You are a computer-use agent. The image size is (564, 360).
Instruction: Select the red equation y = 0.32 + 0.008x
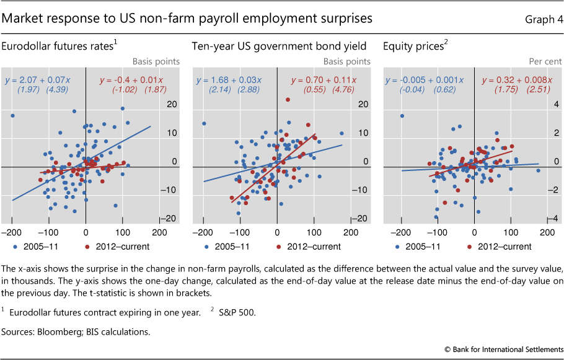517,80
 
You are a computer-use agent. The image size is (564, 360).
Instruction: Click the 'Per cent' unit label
545,61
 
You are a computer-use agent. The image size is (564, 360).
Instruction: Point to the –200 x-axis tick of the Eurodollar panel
12,233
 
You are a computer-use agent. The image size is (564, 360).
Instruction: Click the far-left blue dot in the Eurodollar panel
12,116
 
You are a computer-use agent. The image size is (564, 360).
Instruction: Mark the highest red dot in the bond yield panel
288,100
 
